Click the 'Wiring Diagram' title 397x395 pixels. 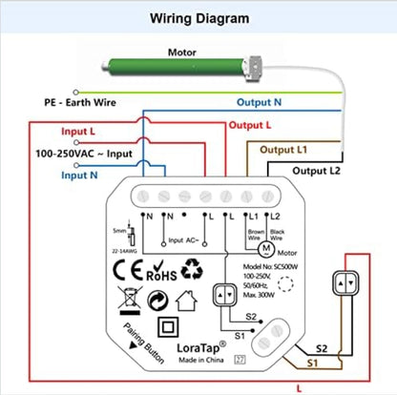pos(198,18)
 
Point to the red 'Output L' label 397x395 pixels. pos(249,125)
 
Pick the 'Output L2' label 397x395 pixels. pos(315,170)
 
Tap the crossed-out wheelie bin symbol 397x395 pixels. pos(127,304)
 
